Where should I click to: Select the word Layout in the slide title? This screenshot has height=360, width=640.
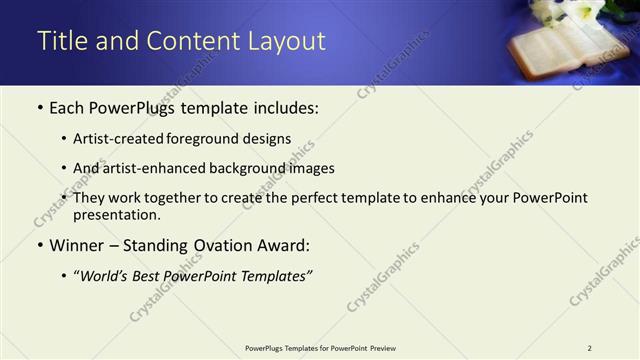click(288, 41)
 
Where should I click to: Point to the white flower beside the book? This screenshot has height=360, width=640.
click(556, 10)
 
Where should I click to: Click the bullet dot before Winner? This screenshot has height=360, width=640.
click(40, 246)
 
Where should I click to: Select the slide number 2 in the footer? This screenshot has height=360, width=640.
click(589, 348)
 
